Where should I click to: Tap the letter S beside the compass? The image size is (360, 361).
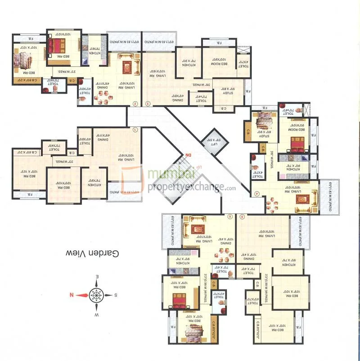(x=115, y=295)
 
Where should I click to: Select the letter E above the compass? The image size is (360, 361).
(x=96, y=276)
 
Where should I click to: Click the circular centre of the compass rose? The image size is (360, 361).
(x=96, y=295)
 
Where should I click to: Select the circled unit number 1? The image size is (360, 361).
(x=135, y=130)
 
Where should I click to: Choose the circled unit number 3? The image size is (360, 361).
(x=149, y=104)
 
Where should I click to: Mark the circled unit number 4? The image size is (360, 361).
(x=257, y=194)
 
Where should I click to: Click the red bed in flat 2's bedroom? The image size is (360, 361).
(x=57, y=45)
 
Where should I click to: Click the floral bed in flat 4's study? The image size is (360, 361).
(x=262, y=121)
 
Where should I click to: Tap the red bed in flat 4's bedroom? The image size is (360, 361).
(x=297, y=144)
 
